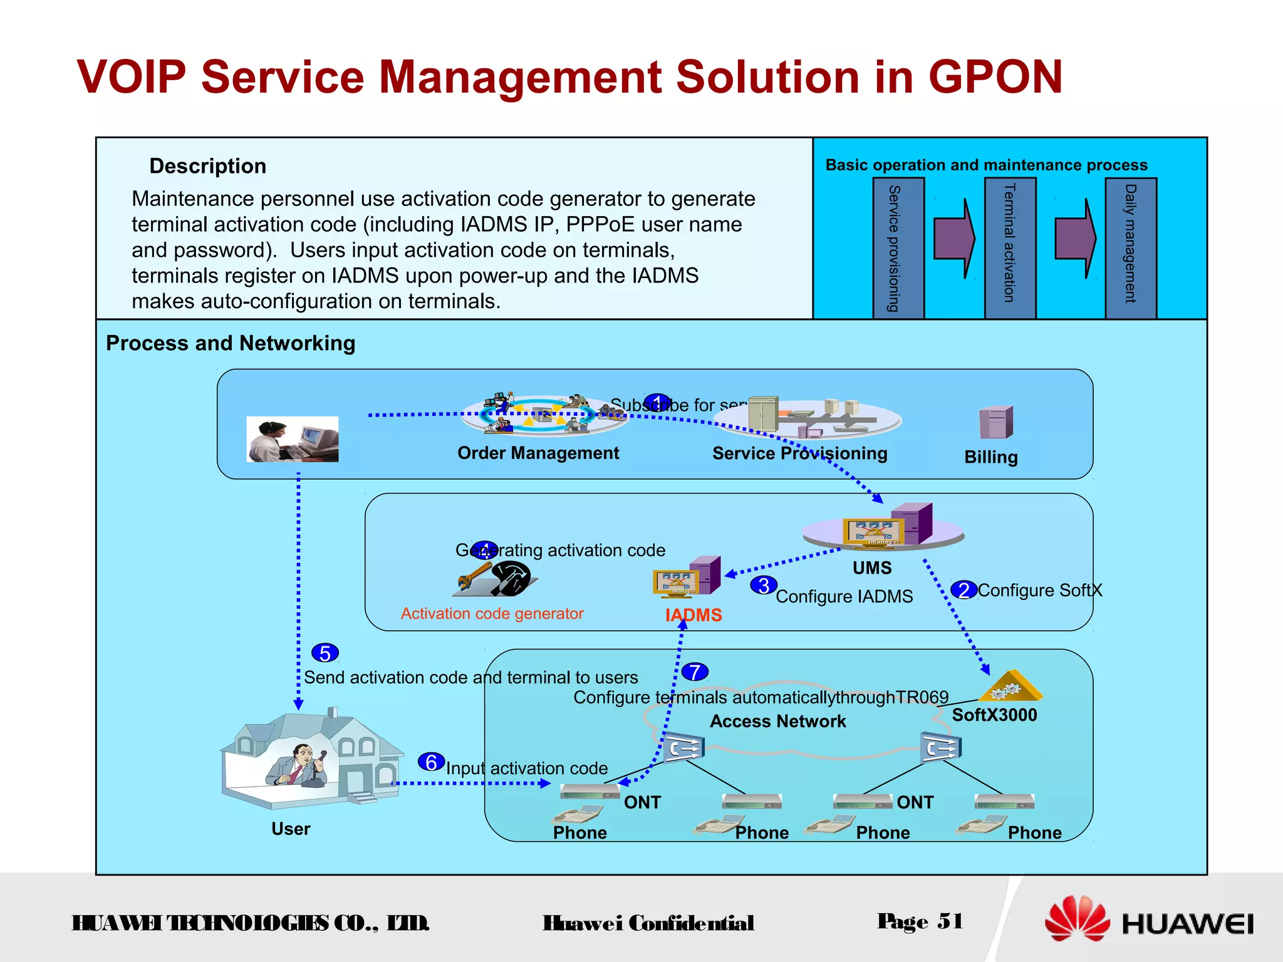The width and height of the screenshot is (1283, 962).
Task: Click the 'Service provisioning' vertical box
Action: coord(898,248)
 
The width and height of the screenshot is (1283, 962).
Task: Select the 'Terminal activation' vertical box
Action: coord(1010,248)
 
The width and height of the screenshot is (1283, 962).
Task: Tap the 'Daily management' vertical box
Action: coord(1131,248)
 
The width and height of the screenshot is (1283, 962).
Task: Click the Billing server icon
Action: coord(995,422)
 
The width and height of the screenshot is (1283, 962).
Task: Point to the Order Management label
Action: coord(538,453)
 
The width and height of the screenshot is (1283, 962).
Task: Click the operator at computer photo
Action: coord(293,439)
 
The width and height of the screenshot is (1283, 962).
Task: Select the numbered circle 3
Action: coord(764,586)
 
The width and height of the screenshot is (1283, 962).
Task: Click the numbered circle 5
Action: coord(325,653)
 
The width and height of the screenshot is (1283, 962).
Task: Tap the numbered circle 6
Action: coord(431,762)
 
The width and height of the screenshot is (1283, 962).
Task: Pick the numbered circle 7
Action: coord(695,672)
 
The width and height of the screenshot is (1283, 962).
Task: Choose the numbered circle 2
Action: coord(964,590)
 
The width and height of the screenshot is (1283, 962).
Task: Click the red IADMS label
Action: coord(693,615)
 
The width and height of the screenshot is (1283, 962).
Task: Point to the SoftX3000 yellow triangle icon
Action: coord(1010,687)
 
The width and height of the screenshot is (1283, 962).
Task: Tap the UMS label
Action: coord(872,568)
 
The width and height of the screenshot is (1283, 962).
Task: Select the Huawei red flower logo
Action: coord(1077,918)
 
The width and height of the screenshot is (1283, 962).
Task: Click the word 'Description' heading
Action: coord(208,166)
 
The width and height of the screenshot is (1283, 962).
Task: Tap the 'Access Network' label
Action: coord(777,721)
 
